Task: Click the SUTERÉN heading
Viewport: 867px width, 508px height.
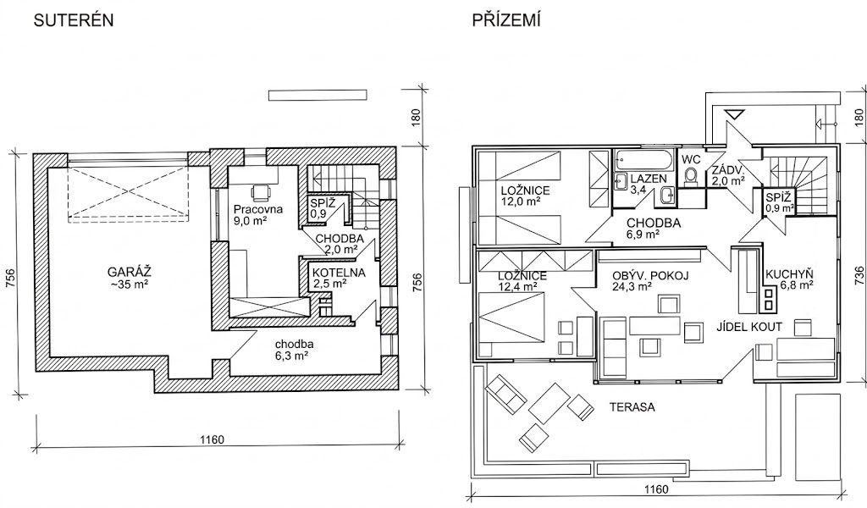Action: click(x=74, y=20)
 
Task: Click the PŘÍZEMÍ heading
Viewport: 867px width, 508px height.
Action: click(x=506, y=20)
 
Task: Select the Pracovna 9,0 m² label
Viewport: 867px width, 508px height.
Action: click(x=257, y=215)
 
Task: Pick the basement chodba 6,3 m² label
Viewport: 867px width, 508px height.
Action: click(x=294, y=350)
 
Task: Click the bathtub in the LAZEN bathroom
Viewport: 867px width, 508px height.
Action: click(x=643, y=159)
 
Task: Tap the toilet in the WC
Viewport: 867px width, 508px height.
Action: click(x=691, y=176)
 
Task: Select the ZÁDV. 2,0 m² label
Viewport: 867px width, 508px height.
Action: click(x=728, y=174)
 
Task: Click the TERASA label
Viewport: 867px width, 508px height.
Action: click(x=632, y=407)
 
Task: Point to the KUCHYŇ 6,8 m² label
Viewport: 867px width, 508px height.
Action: click(x=789, y=279)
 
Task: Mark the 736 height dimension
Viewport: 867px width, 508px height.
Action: click(x=859, y=275)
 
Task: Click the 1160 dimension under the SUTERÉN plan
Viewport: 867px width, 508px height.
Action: click(x=212, y=440)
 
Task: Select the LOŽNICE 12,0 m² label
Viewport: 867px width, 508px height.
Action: click(x=525, y=196)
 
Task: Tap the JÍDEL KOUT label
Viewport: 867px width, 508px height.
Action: click(x=749, y=327)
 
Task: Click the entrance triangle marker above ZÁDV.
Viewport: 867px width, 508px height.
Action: click(x=735, y=115)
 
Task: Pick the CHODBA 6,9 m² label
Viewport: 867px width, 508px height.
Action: click(x=653, y=229)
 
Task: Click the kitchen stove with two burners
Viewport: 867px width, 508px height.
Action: click(x=769, y=299)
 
